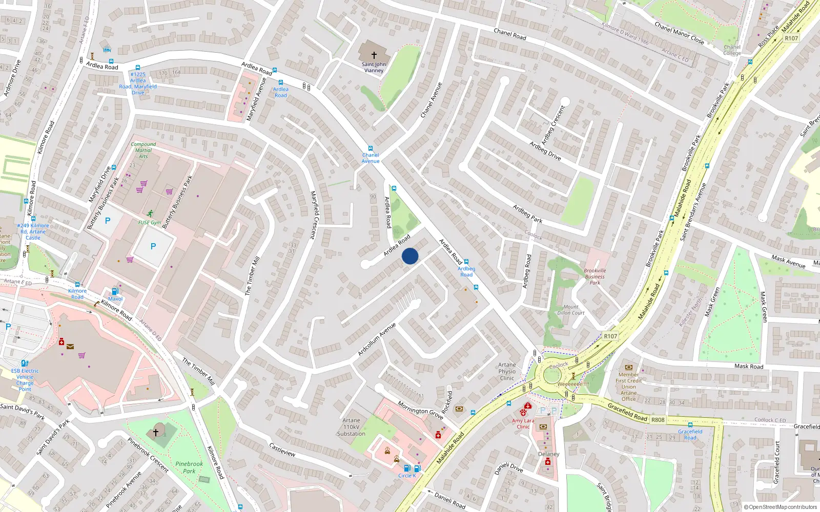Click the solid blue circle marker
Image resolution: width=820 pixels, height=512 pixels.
click(410, 256)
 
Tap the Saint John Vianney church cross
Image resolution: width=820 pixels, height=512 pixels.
click(374, 55)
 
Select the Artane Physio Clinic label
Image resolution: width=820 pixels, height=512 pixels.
click(507, 372)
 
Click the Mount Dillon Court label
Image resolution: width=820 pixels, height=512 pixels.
click(571, 310)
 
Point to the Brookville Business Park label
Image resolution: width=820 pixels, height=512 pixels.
click(594, 276)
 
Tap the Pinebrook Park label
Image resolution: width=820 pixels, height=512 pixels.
click(189, 467)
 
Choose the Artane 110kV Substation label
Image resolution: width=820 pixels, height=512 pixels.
click(351, 427)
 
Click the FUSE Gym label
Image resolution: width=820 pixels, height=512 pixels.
click(150, 223)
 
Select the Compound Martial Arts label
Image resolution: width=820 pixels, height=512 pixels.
click(143, 150)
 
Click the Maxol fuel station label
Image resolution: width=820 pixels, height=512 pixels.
click(115, 299)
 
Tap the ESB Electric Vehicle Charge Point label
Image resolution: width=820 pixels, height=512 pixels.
click(25, 380)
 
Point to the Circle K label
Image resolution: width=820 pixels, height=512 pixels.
click(407, 476)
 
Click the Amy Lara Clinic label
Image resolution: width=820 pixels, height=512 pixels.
click(523, 424)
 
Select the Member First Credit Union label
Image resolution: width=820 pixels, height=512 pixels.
click(628, 387)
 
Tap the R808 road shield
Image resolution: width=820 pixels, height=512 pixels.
click(658, 420)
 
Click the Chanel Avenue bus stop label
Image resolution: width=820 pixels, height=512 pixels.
click(371, 158)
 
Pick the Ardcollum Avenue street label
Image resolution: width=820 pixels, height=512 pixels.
click(377, 339)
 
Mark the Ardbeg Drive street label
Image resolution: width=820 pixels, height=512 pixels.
click(545, 151)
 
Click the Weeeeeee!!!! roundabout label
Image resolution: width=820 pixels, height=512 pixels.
click(573, 384)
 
